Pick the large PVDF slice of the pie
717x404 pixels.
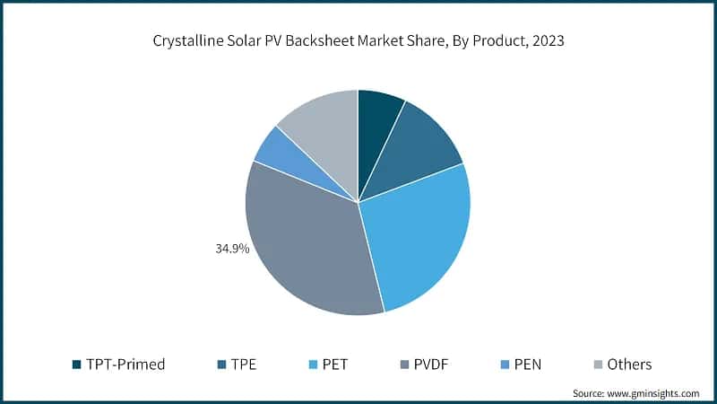click(309, 247)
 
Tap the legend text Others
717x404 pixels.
click(629, 364)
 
